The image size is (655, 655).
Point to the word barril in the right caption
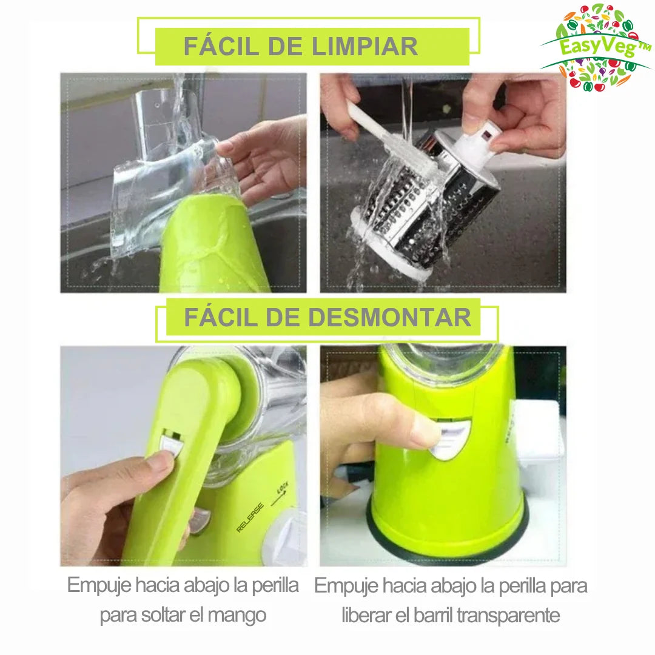click(432, 615)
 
